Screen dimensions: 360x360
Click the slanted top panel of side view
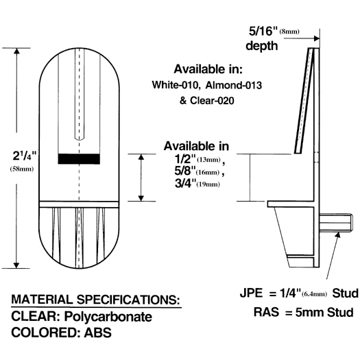click(304, 99)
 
